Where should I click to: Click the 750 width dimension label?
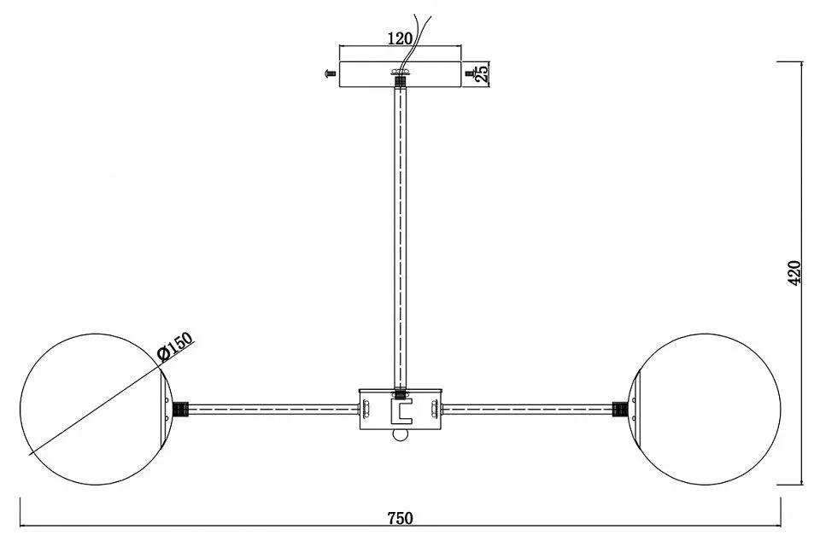pos(400,518)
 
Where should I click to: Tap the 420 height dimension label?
pos(794,272)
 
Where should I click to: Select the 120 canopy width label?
pos(400,38)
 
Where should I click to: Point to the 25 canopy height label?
pos(482,73)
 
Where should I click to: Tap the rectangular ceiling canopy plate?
pos(401,74)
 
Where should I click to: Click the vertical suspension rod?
pos(401,237)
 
